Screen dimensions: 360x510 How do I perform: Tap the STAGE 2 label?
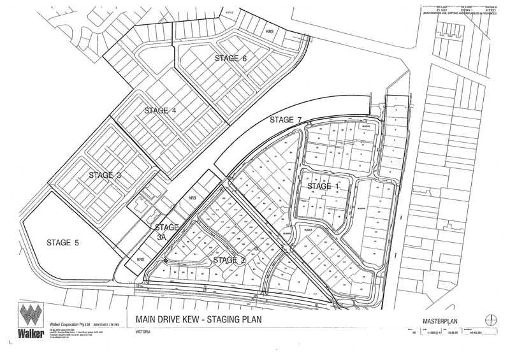[x=229, y=260]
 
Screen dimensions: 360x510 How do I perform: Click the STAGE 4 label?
[x=160, y=110]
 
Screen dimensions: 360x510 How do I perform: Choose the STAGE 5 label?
[x=65, y=241]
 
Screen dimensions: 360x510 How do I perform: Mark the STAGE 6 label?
[x=230, y=59]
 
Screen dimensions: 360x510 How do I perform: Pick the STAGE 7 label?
[x=286, y=120]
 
